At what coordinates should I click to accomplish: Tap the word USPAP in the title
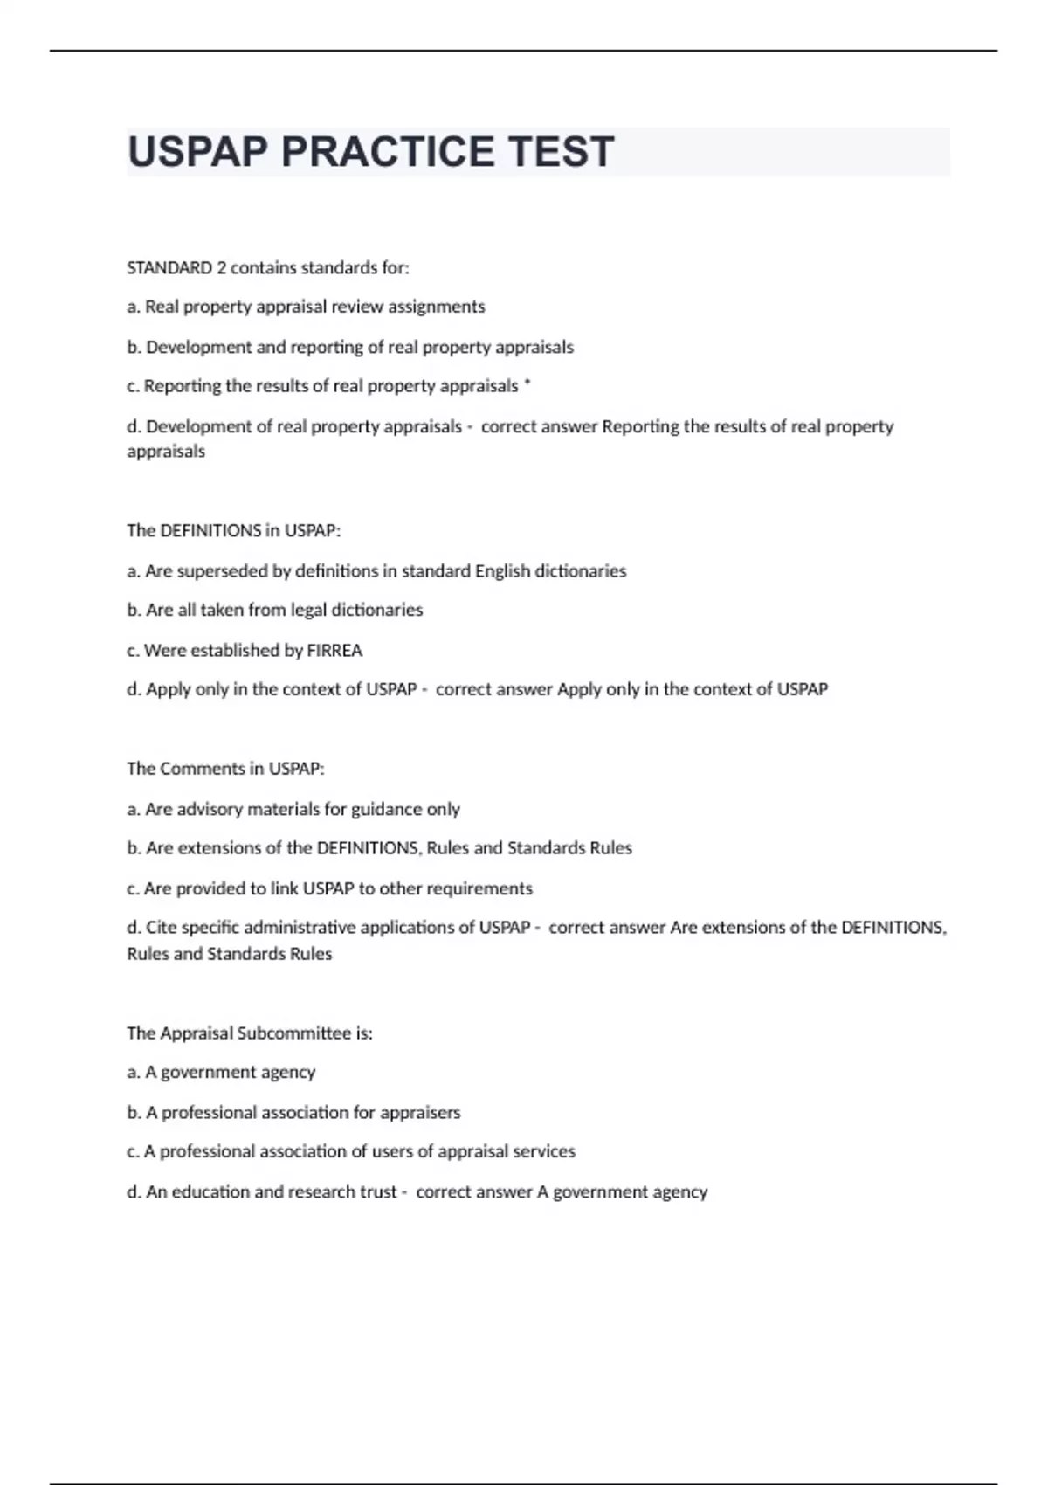click(x=197, y=151)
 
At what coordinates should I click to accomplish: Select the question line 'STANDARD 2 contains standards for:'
click(x=267, y=268)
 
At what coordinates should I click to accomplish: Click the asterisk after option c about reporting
click(x=527, y=384)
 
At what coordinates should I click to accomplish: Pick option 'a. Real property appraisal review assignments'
click(x=306, y=307)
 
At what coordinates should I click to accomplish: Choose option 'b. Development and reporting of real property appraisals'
click(x=350, y=347)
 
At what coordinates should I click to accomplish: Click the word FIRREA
click(x=334, y=650)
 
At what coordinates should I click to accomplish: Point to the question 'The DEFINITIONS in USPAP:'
click(x=233, y=530)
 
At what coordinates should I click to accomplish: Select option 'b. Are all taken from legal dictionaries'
click(x=274, y=610)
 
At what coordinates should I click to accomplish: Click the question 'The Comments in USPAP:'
click(x=225, y=769)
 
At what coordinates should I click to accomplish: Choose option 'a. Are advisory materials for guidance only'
click(x=293, y=809)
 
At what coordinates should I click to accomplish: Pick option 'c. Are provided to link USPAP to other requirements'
click(x=329, y=888)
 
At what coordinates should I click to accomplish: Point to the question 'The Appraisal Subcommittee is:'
click(x=250, y=1033)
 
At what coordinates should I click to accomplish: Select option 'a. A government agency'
click(x=221, y=1072)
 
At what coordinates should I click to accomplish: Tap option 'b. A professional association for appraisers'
click(x=293, y=1112)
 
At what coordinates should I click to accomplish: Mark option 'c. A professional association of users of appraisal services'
click(x=351, y=1151)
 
